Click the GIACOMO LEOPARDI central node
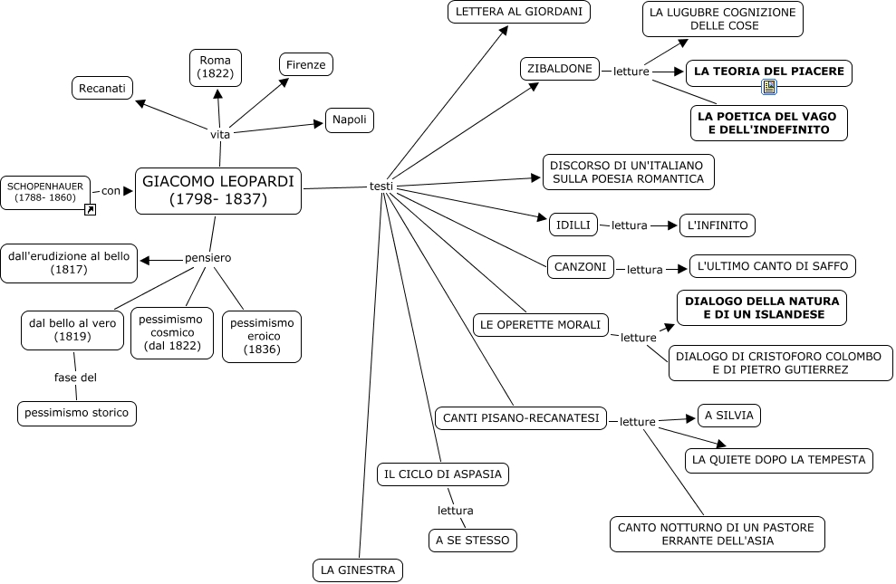point(218,191)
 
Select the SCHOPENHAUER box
point(45,192)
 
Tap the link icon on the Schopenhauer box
point(90,209)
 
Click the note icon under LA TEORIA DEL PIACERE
point(769,87)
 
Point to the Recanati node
point(102,88)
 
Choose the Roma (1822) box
point(216,67)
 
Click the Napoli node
point(350,120)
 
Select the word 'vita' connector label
point(220,135)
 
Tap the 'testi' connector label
point(381,187)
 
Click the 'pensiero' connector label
point(208,258)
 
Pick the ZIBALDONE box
point(560,69)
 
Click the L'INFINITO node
point(718,225)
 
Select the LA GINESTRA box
point(358,570)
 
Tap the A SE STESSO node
point(473,540)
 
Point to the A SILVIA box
point(729,416)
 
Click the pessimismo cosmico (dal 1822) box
point(172,333)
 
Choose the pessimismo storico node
point(77,413)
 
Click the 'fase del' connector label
point(75,378)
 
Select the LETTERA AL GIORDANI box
point(519,12)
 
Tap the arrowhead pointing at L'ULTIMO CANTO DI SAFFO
point(681,269)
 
